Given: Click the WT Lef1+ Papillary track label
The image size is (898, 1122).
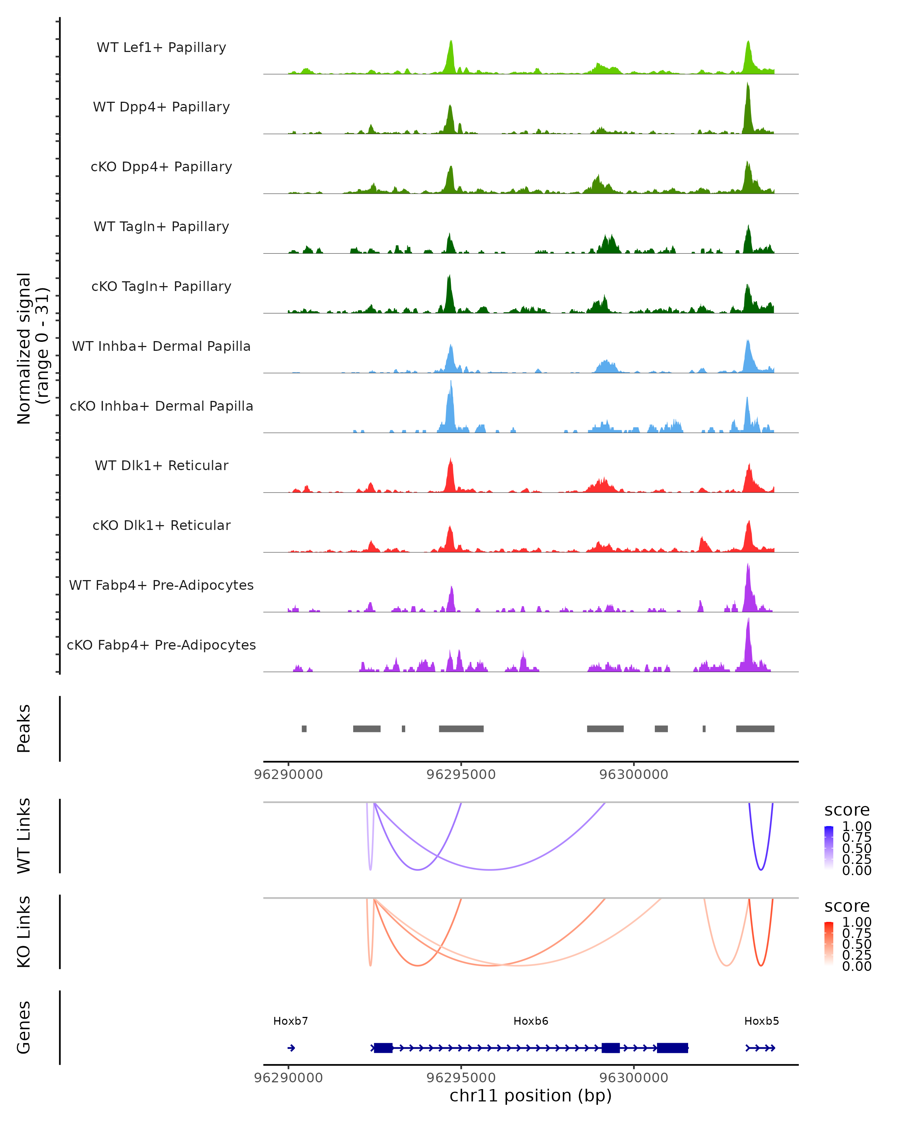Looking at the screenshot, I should pyautogui.click(x=161, y=47).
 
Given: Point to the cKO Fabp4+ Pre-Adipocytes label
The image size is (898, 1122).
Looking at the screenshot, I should pyautogui.click(x=161, y=645).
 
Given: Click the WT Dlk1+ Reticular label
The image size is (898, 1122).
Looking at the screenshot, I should pyautogui.click(x=161, y=465).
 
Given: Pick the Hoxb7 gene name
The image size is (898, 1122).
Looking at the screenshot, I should pyautogui.click(x=290, y=1021).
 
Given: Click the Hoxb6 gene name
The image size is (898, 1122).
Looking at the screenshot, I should pyautogui.click(x=531, y=1021).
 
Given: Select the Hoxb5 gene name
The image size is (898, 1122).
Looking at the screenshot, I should pyautogui.click(x=761, y=1021).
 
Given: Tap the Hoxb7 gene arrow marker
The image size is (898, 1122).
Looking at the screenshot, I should pyautogui.click(x=291, y=1048).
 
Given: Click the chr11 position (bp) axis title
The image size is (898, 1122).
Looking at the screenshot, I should pyautogui.click(x=531, y=1095).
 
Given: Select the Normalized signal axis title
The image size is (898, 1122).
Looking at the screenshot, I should pyautogui.click(x=32, y=348).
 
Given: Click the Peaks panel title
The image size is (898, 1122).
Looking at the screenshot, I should pyautogui.click(x=24, y=729).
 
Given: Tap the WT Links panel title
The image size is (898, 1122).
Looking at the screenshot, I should pyautogui.click(x=24, y=836).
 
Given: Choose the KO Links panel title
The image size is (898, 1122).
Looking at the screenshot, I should pyautogui.click(x=24, y=932).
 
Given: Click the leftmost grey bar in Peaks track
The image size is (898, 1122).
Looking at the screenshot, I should pyautogui.click(x=304, y=729).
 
